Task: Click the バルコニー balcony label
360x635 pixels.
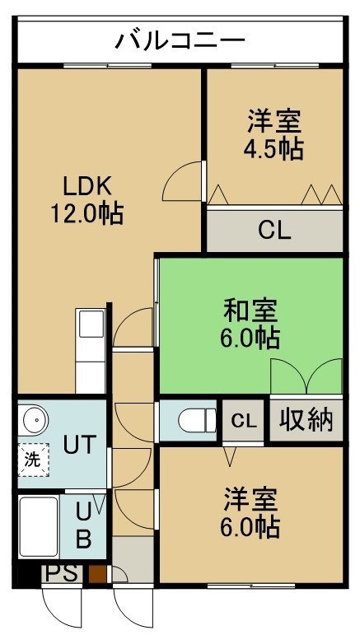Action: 180,40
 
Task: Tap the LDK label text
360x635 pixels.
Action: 86,187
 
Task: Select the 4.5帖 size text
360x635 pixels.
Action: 274,148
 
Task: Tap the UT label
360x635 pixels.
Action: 80,444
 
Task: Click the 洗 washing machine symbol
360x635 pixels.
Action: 34,460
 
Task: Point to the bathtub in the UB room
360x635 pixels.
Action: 39,527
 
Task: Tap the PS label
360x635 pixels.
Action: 62,573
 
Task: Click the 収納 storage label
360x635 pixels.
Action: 306,420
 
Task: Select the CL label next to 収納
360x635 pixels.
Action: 244,421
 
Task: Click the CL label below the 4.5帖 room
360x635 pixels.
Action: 275,231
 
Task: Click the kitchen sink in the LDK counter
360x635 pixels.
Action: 91,324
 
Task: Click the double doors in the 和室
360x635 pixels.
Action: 306,376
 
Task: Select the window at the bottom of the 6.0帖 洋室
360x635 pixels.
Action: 251,586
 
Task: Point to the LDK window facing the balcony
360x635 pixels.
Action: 108,66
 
